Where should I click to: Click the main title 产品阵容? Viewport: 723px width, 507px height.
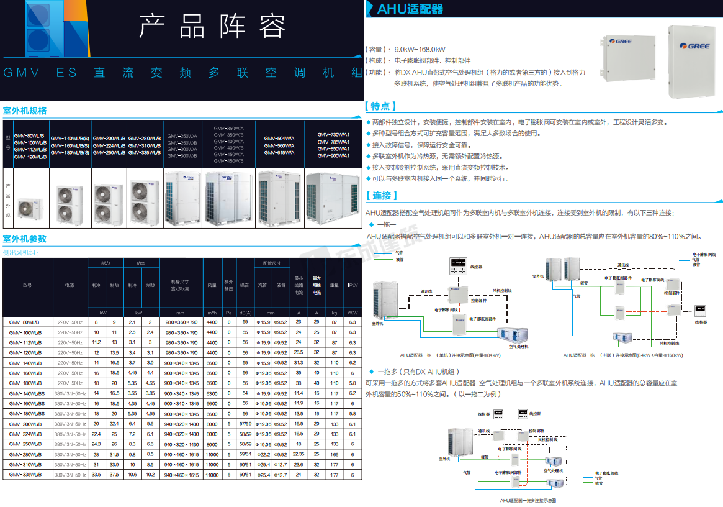[212, 27]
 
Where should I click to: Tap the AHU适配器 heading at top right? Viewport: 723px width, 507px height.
[410, 9]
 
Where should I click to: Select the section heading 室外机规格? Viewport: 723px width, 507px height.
[25, 111]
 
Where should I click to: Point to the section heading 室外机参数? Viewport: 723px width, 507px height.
[25, 239]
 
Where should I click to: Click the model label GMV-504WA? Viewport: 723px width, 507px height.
[279, 138]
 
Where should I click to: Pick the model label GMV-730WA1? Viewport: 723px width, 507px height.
[333, 134]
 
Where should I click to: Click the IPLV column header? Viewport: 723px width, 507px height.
[353, 285]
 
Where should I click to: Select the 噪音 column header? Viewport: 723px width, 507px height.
[245, 285]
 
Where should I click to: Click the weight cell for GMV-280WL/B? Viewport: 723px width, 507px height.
[335, 454]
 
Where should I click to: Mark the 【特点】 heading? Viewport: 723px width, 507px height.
[382, 106]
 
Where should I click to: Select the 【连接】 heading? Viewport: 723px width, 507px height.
[382, 196]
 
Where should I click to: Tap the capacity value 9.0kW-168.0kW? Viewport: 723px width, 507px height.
[420, 49]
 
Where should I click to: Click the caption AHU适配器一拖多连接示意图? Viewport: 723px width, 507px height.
[528, 500]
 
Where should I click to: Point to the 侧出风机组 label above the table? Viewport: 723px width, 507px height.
[20, 252]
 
